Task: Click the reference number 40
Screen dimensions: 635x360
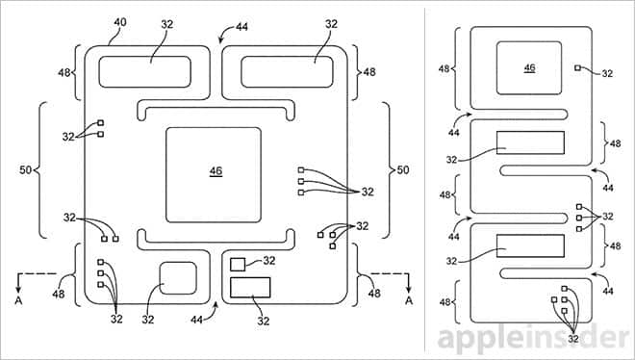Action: click(120, 22)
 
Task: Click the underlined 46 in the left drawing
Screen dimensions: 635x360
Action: click(216, 171)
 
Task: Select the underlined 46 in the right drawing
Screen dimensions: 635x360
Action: click(530, 67)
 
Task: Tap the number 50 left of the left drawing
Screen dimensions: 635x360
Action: click(26, 170)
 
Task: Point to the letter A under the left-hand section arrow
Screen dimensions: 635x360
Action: click(18, 300)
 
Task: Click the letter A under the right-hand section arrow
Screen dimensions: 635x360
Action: click(409, 300)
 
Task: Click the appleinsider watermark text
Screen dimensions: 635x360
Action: click(535, 339)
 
